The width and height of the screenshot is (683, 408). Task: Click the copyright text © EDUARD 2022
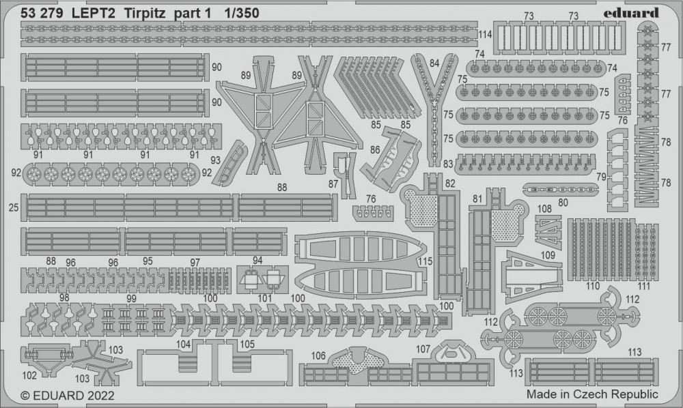click(68, 395)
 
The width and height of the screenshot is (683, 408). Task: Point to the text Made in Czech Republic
click(592, 394)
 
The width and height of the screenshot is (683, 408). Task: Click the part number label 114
click(486, 35)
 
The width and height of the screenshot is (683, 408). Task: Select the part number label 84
click(434, 63)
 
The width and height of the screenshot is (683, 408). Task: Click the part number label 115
click(426, 261)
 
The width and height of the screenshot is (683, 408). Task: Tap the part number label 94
click(257, 260)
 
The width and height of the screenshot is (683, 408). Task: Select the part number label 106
click(318, 355)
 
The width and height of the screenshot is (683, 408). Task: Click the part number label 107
click(423, 349)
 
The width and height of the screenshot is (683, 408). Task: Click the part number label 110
click(593, 287)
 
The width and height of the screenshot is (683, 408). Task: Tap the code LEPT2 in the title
click(88, 12)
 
